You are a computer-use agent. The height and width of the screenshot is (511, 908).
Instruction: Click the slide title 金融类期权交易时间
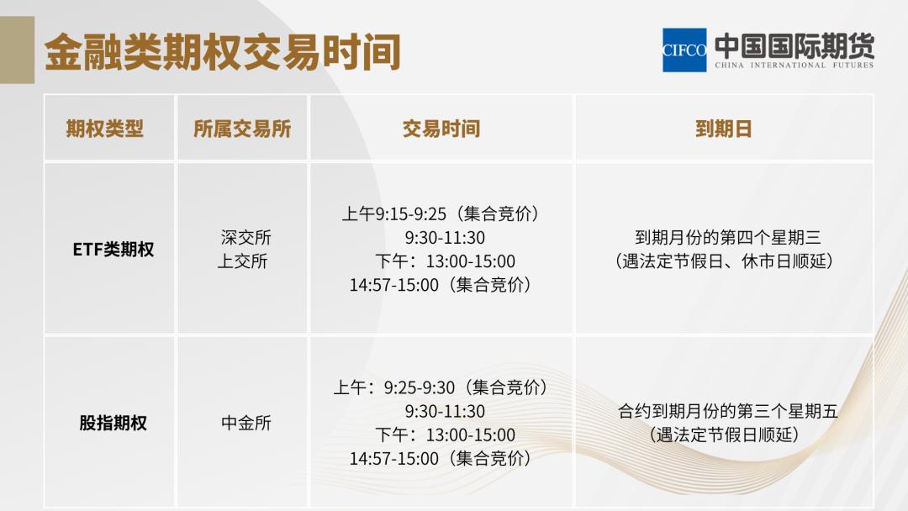pos(222,52)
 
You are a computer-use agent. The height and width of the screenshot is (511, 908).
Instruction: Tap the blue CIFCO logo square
pos(684,50)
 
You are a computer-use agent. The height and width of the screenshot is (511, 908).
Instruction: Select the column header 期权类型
pos(105,129)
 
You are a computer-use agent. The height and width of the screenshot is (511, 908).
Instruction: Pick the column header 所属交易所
pos(242,129)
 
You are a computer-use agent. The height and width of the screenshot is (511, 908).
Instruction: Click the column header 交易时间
pos(441,129)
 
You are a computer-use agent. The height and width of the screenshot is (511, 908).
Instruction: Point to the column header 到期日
pos(723,129)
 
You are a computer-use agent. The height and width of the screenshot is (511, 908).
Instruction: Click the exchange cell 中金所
pos(246,423)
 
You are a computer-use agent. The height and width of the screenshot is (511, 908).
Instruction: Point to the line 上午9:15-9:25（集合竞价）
pos(441,214)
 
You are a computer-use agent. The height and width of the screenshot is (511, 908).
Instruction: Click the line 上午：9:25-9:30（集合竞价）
pos(441,387)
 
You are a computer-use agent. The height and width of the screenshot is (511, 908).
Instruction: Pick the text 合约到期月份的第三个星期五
pos(727,412)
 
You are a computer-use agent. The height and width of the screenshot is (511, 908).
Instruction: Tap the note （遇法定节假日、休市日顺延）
pos(724,261)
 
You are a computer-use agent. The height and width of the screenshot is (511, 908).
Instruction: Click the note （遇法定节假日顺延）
pos(724,435)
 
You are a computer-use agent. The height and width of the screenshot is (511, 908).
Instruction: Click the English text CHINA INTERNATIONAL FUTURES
pos(794,65)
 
